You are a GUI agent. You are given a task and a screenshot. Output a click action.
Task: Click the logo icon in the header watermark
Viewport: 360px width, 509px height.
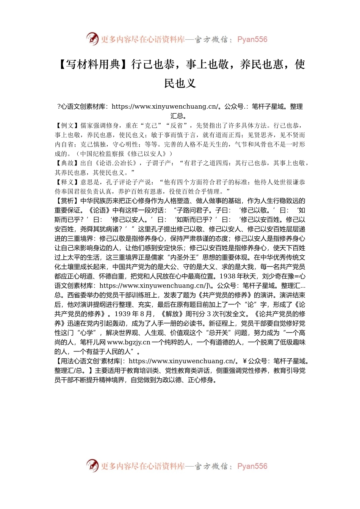click(x=92, y=39)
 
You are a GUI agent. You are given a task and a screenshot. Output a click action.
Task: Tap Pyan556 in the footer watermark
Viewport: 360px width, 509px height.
click(x=252, y=466)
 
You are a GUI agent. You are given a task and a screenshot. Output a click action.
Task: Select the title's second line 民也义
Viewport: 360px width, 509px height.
click(x=180, y=83)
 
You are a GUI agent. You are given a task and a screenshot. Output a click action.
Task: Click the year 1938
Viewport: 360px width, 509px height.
click(x=227, y=276)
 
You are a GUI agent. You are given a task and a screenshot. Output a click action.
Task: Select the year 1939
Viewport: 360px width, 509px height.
click(x=122, y=314)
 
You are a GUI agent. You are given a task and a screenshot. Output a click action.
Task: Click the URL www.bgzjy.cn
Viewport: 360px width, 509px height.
click(x=129, y=342)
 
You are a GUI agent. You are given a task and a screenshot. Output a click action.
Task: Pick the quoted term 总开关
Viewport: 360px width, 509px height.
click(x=220, y=333)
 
